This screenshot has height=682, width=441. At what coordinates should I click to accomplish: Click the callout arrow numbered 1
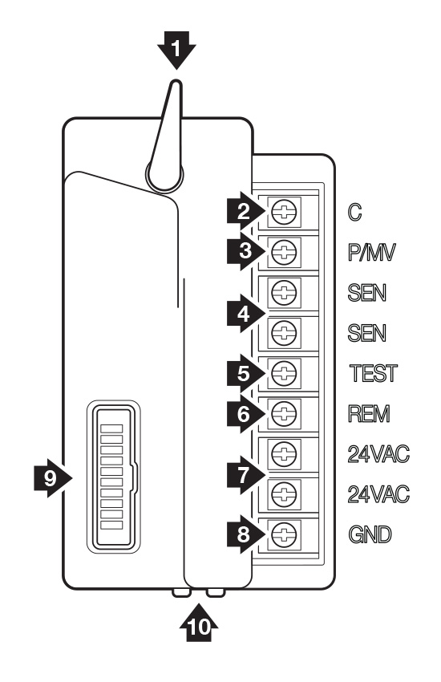[x=176, y=50]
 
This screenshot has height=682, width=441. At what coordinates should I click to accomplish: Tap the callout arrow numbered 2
[x=246, y=212]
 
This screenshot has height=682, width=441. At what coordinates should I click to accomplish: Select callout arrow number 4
[x=246, y=313]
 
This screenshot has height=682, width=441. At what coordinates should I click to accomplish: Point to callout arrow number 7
[x=246, y=474]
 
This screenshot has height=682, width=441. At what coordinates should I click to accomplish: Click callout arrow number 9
[x=53, y=478]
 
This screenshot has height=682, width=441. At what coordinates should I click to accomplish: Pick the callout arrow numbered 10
[x=199, y=623]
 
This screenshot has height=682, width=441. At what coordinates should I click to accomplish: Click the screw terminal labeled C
[x=284, y=212]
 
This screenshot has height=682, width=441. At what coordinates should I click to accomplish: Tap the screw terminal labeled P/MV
[x=284, y=252]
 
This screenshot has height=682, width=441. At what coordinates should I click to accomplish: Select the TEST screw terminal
[x=284, y=373]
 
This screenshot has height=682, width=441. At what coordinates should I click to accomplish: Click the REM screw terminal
[x=284, y=413]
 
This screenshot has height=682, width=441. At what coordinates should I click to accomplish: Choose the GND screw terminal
[x=284, y=534]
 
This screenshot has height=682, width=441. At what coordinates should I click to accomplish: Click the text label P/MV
[x=372, y=252]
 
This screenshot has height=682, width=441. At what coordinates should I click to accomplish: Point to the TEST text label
[x=374, y=373]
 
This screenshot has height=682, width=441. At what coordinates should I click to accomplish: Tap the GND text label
[x=370, y=534]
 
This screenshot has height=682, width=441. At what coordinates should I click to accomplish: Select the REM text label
[x=370, y=414]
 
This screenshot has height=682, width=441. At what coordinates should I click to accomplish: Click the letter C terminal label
[x=354, y=213]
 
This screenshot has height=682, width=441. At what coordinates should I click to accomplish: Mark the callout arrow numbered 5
[x=246, y=373]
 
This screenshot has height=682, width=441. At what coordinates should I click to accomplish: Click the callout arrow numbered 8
[x=246, y=534]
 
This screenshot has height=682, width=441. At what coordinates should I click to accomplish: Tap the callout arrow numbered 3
[x=246, y=251]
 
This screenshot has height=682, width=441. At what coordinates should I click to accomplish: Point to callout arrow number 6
[x=246, y=414]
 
